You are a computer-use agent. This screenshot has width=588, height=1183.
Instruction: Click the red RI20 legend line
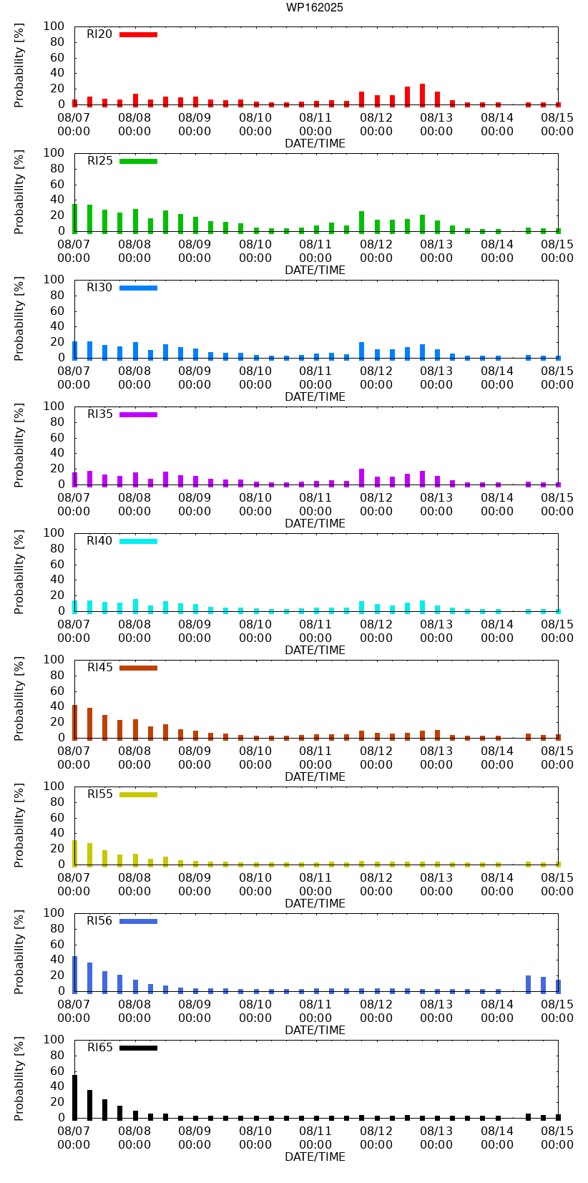coord(138,34)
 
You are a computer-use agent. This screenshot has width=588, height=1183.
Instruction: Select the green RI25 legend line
coord(138,161)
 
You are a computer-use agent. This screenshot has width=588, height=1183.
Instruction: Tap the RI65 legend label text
coord(99,1048)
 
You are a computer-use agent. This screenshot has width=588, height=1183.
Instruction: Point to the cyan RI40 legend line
coord(138,541)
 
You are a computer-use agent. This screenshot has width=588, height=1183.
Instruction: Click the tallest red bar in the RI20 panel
coord(422,95)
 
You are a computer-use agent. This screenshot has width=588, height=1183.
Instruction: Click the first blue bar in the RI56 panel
coord(74,974)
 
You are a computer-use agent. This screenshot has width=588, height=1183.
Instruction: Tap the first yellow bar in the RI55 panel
coord(74,852)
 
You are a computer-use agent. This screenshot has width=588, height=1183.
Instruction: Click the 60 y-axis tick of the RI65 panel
coord(57,1071)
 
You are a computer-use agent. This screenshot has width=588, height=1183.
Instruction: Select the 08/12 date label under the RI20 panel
coord(376,117)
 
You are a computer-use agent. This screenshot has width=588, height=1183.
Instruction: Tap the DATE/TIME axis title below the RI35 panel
coord(315,524)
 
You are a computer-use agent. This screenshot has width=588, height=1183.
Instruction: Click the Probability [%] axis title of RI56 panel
coord(19,952)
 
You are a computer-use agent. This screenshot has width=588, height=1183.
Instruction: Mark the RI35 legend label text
coord(99,414)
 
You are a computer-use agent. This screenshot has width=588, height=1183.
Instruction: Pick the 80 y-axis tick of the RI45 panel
coord(57,675)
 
